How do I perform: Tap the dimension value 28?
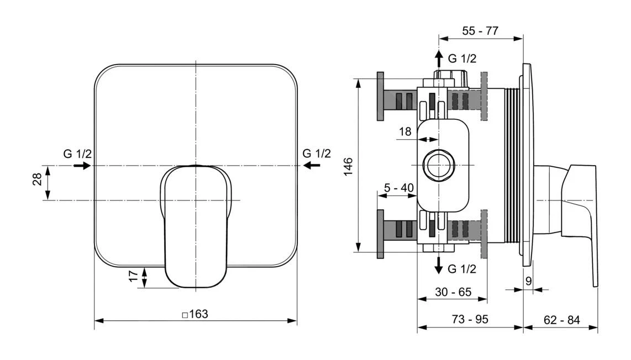[x=37, y=179]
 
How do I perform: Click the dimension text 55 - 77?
[x=480, y=31]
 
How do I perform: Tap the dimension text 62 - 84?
[x=561, y=320]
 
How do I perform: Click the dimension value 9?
[x=528, y=281]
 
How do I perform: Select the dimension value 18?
[x=405, y=131]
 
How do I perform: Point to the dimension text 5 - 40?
[x=399, y=188]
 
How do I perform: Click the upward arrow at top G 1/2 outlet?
[x=438, y=58]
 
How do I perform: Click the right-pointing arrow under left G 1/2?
[x=82, y=165]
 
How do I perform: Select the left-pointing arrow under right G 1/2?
[x=312, y=165]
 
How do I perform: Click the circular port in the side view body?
[x=438, y=165]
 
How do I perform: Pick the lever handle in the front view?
[x=196, y=226]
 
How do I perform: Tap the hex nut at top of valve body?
[x=451, y=75]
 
